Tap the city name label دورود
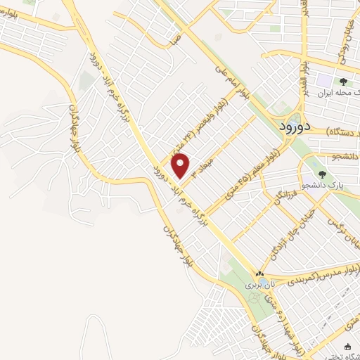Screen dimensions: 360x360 click(x=285, y=127)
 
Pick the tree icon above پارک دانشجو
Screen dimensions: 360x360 click(x=323, y=174)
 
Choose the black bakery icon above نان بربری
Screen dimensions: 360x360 click(x=259, y=274)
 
